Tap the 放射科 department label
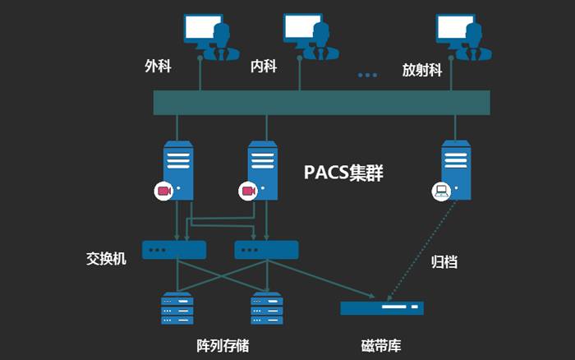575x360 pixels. click(x=422, y=70)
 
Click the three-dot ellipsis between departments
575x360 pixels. click(x=367, y=75)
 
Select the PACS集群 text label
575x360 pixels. click(x=343, y=173)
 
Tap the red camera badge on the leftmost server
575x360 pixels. click(x=163, y=191)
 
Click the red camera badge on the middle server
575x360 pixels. click(x=247, y=191)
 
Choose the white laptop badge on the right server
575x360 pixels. click(x=441, y=191)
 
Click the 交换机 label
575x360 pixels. click(x=106, y=258)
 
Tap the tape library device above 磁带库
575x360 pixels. click(x=382, y=308)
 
